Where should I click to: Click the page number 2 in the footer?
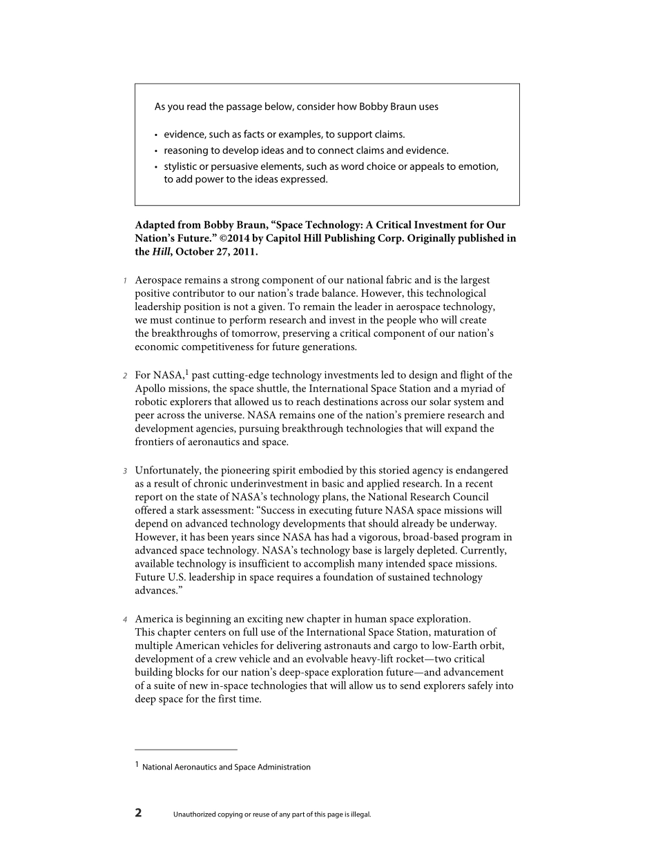click(x=138, y=813)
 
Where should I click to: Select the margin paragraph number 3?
click(x=125, y=471)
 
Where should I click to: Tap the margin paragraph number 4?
click(x=125, y=619)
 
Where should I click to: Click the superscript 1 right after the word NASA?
click(x=186, y=373)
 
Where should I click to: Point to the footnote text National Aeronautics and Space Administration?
click(x=226, y=767)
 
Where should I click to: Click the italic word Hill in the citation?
click(x=161, y=252)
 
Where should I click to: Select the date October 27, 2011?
click(x=216, y=252)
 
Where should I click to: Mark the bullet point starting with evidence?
click(x=284, y=135)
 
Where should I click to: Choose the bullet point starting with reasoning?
click(x=306, y=150)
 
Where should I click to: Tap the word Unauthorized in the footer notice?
click(x=194, y=814)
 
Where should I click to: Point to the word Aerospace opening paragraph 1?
click(x=160, y=280)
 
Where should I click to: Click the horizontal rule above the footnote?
click(x=186, y=750)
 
